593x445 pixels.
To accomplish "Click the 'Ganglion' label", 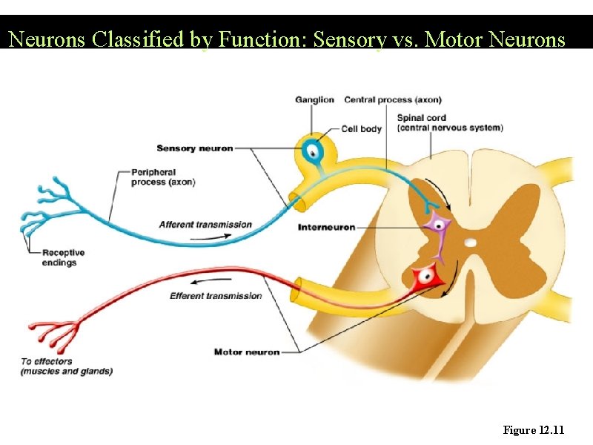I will [314, 99].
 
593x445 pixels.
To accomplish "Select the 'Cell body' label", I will [361, 129].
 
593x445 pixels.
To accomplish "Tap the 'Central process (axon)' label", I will [393, 99].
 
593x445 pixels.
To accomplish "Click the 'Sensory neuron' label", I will [194, 148].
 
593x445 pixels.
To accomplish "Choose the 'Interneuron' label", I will [326, 227].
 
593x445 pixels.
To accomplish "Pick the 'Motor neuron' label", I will [247, 352].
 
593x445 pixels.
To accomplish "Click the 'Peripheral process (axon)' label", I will [163, 177].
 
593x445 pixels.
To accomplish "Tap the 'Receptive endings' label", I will [63, 257].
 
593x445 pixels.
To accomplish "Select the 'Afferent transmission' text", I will [205, 225].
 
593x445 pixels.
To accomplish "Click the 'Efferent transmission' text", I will [216, 296].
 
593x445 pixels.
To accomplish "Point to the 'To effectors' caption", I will [66, 366].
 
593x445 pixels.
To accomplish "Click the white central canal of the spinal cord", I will [471, 243].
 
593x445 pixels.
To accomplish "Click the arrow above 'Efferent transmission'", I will [205, 283].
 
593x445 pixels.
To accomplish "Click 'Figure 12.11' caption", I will [534, 430].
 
